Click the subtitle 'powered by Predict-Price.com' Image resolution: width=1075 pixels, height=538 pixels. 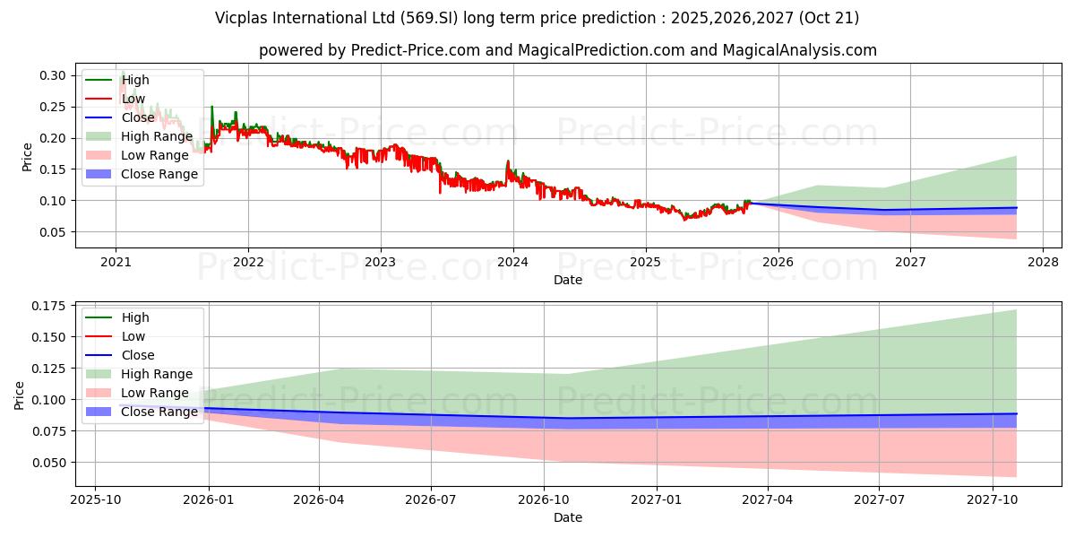click(x=568, y=50)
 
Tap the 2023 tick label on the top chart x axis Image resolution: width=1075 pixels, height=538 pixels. click(x=381, y=262)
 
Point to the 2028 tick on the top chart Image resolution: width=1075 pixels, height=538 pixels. click(x=1043, y=262)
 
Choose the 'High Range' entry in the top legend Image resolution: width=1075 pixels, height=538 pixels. click(x=157, y=136)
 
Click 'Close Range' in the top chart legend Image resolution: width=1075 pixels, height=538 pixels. click(x=159, y=174)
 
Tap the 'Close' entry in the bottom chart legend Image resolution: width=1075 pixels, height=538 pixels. click(x=137, y=355)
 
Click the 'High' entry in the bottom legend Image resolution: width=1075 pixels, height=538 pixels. click(x=135, y=317)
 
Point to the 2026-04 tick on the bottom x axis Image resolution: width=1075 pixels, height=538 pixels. click(x=320, y=499)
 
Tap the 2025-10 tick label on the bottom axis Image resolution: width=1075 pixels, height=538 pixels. click(x=95, y=499)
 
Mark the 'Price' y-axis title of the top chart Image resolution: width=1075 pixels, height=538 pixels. click(x=27, y=157)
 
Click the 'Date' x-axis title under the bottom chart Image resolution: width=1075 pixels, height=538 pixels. click(x=568, y=517)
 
